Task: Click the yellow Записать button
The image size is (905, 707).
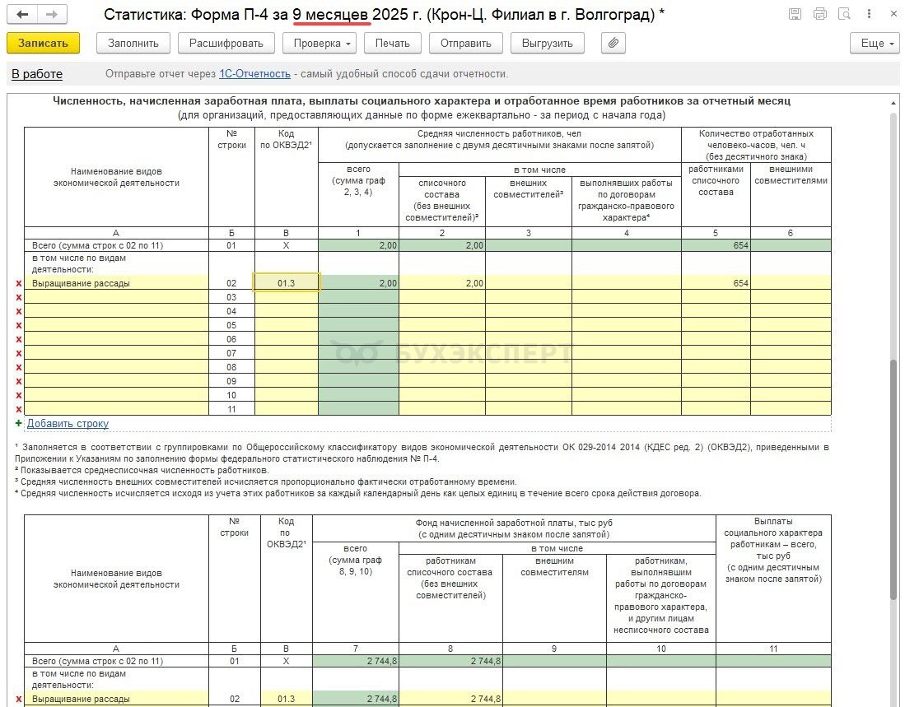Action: click(43, 44)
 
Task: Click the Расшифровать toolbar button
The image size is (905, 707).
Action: click(226, 44)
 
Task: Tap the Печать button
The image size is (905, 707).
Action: click(393, 44)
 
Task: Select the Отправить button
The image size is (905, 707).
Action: click(466, 44)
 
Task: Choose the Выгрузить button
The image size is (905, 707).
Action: click(548, 44)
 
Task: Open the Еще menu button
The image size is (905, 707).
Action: click(877, 44)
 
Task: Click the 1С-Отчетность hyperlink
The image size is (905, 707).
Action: click(254, 74)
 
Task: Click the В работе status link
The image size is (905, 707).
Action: click(37, 74)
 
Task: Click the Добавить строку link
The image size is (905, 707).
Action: click(68, 424)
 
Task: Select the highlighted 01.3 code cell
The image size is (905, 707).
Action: click(286, 283)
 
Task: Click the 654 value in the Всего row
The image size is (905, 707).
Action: click(740, 246)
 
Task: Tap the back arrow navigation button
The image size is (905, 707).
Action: click(22, 15)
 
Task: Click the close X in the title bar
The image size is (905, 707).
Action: click(891, 14)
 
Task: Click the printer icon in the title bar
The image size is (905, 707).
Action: click(819, 14)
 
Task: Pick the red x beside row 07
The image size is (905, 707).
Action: click(18, 353)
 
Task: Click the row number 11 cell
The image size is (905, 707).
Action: click(231, 409)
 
